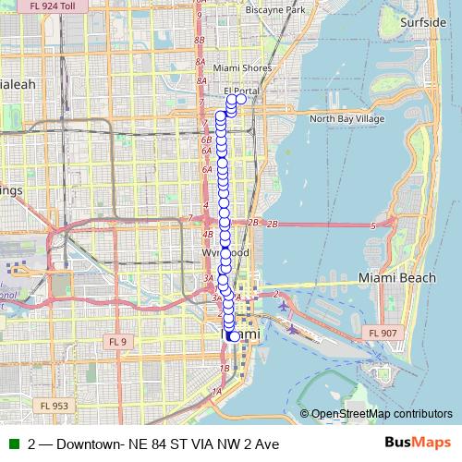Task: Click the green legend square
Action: (x=12, y=444)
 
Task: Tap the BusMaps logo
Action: (x=420, y=444)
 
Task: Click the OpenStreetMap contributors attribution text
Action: (x=381, y=414)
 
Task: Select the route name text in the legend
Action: (x=153, y=444)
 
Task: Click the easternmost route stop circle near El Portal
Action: (x=241, y=99)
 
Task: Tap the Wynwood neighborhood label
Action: (x=225, y=252)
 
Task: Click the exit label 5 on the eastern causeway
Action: (x=372, y=225)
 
